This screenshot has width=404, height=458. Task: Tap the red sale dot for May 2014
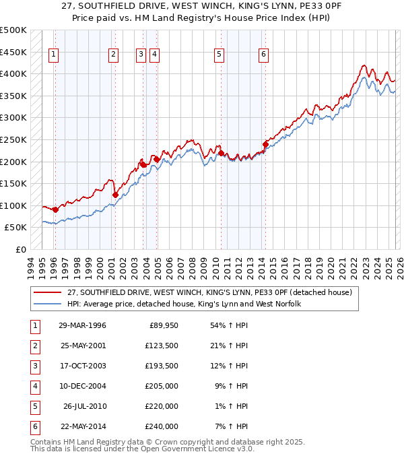[265, 143]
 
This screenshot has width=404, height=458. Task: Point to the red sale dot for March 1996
[55, 209]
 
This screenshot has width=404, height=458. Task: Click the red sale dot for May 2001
[115, 195]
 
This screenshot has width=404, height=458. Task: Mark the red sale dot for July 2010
[222, 153]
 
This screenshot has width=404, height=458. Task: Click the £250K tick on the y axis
[13, 139]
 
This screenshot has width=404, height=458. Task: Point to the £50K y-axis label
[15, 228]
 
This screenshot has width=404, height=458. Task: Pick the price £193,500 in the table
[162, 366]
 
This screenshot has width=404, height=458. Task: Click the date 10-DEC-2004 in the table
[82, 386]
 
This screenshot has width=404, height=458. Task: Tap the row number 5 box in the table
[34, 406]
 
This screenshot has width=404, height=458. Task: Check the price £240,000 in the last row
[162, 426]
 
